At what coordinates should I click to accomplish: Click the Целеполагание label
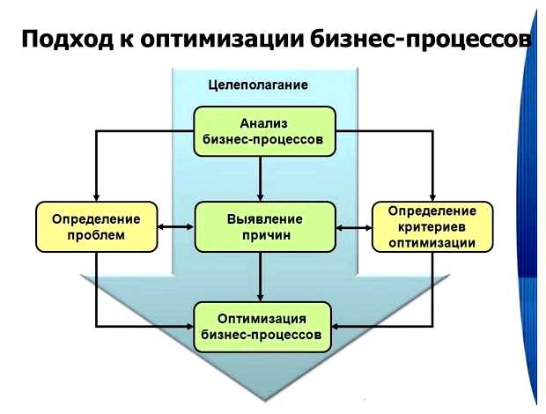click(x=257, y=85)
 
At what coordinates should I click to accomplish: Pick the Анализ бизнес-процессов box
click(x=263, y=130)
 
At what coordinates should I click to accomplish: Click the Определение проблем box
click(x=94, y=225)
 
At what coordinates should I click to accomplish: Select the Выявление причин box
click(x=264, y=225)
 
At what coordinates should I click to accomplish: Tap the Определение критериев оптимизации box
click(x=432, y=225)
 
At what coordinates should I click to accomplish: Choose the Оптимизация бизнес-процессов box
click(x=263, y=326)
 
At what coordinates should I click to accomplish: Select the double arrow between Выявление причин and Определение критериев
click(x=354, y=226)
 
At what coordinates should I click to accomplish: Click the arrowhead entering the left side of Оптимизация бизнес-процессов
click(x=189, y=327)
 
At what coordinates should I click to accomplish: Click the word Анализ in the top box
click(x=263, y=123)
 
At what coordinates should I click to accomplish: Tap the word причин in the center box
click(x=264, y=235)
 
